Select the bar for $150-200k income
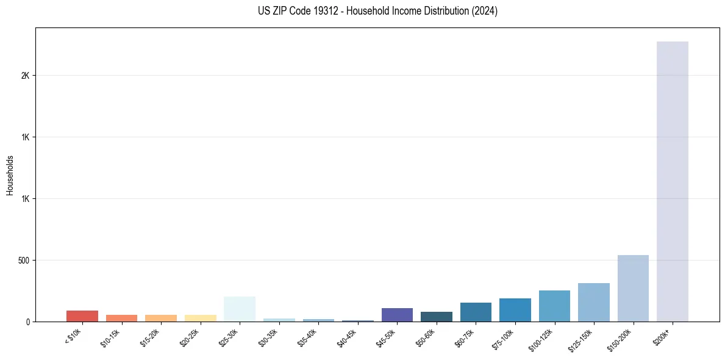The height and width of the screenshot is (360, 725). (x=633, y=288)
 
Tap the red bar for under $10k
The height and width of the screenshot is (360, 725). (x=82, y=316)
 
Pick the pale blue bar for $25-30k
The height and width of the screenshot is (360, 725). (x=240, y=309)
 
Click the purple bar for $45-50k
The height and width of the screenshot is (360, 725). (x=397, y=315)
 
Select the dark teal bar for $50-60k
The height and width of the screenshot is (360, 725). (x=437, y=317)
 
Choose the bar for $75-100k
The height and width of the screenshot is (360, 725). (x=515, y=310)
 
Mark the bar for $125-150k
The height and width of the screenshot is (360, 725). (x=594, y=302)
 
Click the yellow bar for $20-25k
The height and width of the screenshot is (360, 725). (x=200, y=318)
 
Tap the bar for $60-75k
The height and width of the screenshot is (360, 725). (x=476, y=312)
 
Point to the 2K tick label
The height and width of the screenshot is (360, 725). (x=26, y=76)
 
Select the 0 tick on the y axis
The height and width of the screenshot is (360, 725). (x=28, y=322)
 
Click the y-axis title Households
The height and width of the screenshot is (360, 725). (x=10, y=175)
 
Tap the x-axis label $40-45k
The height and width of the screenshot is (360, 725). (x=347, y=339)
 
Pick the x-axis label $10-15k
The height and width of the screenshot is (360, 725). (x=111, y=339)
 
